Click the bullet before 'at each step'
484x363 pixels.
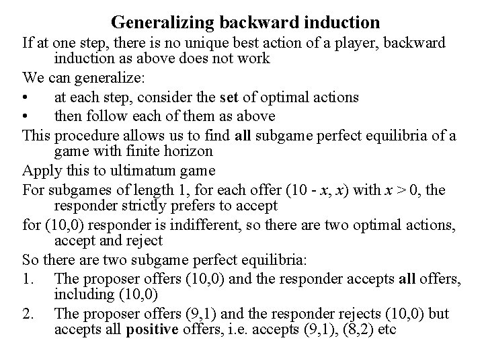[x=25, y=97]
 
